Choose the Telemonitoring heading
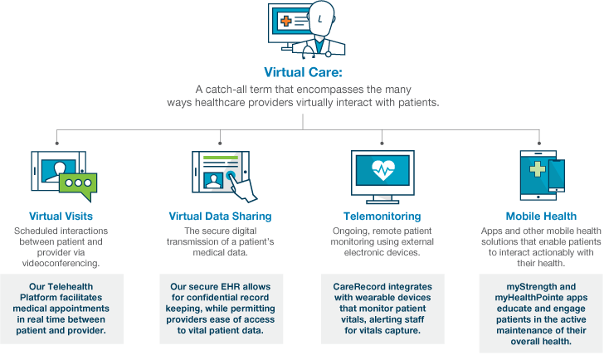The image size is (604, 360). tap(382, 216)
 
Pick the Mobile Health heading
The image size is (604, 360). tap(542, 216)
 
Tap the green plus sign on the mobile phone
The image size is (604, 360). tap(535, 170)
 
